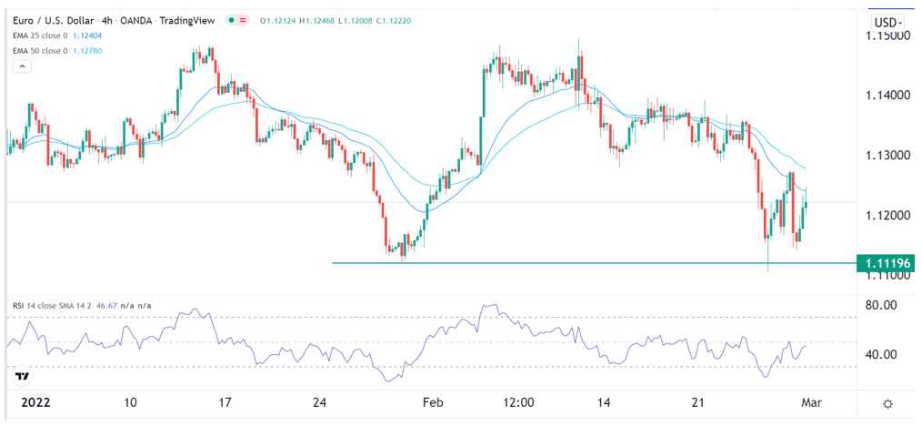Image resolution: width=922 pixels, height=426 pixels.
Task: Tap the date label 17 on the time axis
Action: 225,401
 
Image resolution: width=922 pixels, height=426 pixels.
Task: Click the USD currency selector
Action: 886,22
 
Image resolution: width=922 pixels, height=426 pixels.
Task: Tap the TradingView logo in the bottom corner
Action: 24,375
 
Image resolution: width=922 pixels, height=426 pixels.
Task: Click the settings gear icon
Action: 887,402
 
